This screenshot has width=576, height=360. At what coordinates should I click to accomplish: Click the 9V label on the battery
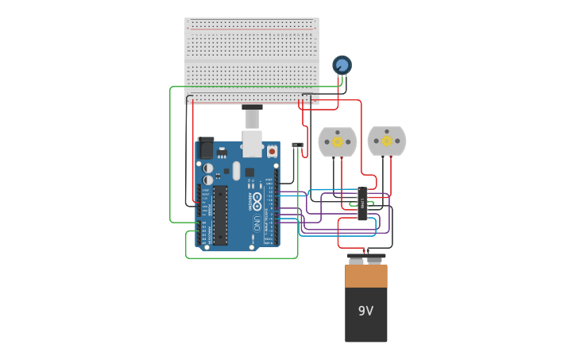365,311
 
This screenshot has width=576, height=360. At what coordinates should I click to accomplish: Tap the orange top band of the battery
365,276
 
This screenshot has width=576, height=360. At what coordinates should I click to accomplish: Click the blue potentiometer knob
342,64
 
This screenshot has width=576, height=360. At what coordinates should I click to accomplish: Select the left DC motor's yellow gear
337,141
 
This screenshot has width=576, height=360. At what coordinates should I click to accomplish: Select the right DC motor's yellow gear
386,141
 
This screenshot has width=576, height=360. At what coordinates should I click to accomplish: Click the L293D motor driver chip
362,203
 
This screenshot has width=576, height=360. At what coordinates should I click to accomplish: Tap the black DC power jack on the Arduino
206,149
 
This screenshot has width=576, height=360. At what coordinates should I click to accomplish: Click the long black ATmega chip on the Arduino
220,215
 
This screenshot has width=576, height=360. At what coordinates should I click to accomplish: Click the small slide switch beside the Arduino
297,145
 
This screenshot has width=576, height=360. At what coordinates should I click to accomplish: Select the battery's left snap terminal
356,259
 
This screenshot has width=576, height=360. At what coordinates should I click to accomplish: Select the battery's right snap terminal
374,259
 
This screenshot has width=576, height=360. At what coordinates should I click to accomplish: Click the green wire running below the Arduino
238,258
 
